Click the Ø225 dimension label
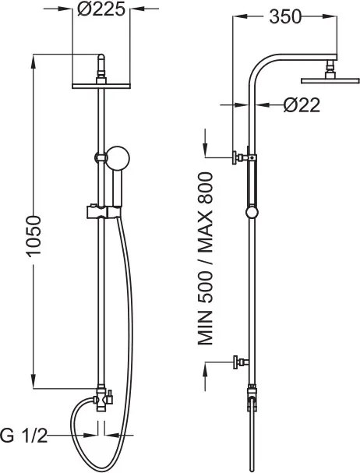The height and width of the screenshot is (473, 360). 101,9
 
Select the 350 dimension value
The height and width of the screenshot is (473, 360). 285,17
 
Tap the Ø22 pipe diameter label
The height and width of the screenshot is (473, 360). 302,105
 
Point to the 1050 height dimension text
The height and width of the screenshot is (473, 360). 33,236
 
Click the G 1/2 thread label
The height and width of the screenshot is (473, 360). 24,436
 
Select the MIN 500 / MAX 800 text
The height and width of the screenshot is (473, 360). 206,259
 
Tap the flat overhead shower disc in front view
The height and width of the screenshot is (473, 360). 101,86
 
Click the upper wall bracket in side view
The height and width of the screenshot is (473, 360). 242,157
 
